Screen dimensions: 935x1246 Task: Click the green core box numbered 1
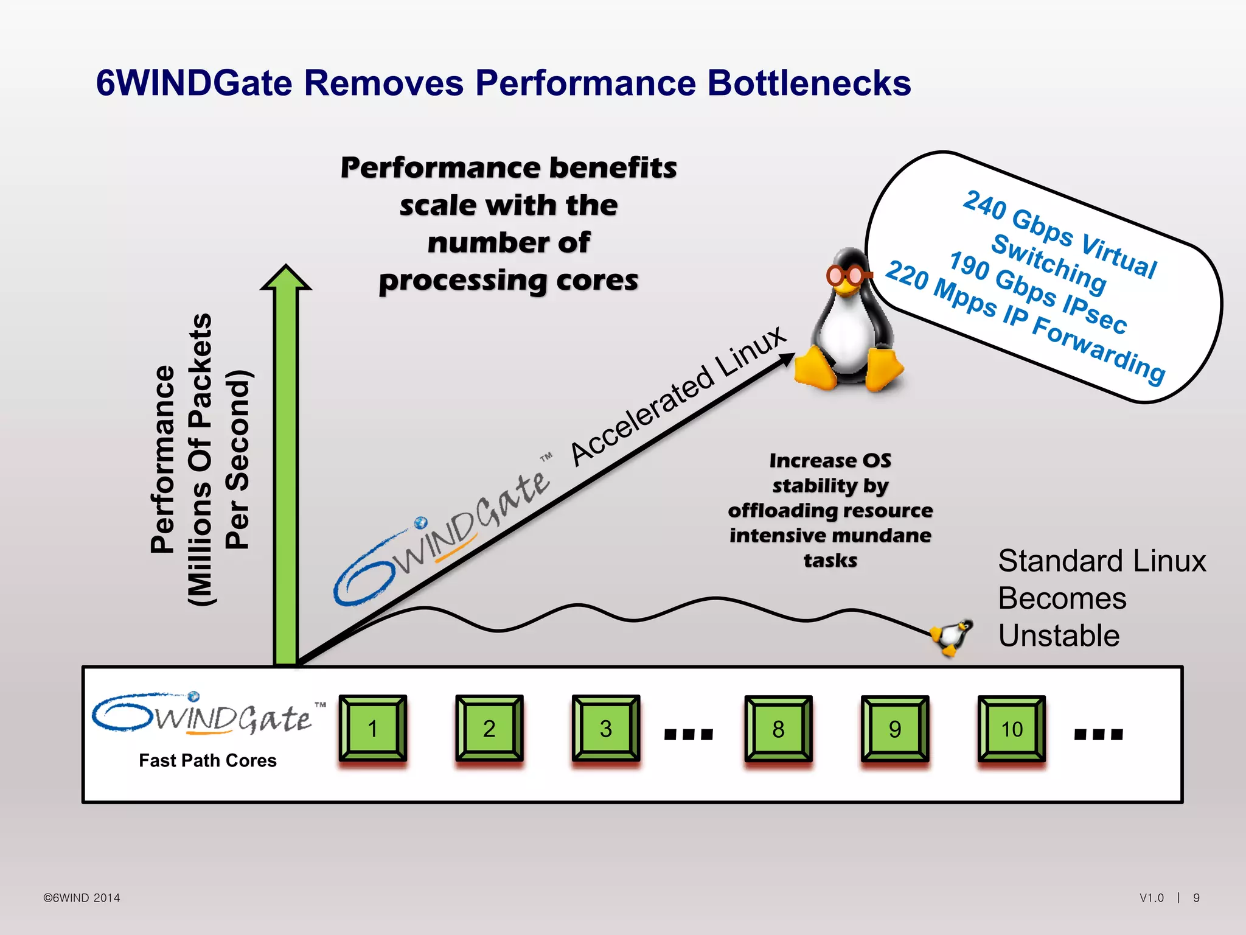coord(372,729)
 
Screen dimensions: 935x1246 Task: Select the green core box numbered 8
coord(778,729)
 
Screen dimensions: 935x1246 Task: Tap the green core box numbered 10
coord(1011,729)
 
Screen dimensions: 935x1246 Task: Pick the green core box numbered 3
coord(605,729)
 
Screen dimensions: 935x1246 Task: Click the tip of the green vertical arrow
coord(286,268)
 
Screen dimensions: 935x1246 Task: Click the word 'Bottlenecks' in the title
coord(809,83)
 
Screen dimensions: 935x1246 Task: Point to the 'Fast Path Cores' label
coord(207,760)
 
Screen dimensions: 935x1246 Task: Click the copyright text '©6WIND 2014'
coord(82,898)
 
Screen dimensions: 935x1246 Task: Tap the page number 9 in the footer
coord(1196,898)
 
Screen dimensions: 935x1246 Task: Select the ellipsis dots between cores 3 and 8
coord(688,734)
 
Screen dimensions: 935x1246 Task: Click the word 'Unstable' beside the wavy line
coord(1059,636)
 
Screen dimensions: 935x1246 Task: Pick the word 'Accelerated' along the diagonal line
coord(642,416)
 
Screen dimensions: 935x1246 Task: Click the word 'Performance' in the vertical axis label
coord(162,460)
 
